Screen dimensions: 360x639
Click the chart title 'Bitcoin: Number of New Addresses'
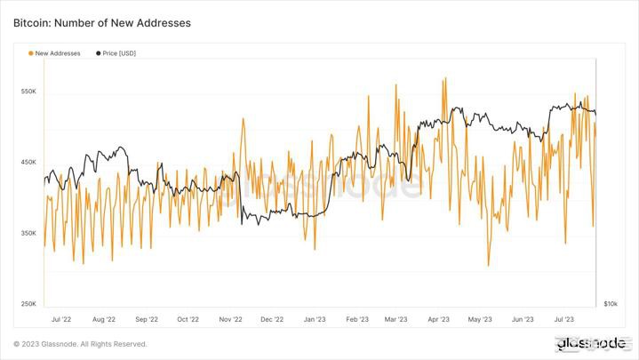101,22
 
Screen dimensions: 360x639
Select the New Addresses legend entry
55,53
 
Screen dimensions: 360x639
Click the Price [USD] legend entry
116,53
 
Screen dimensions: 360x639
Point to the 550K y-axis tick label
28,92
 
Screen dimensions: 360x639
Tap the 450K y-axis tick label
28,163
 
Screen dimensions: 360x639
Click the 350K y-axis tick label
28,234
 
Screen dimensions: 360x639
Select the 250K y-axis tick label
28,304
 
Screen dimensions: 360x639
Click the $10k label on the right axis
611,304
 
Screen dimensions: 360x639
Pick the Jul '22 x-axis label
62,317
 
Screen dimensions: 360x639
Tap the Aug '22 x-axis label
105,317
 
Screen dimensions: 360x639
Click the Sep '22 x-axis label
147,317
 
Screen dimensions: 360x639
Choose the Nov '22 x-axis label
231,317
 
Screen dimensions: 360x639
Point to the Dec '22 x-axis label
272,317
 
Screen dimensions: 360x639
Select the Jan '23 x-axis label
315,317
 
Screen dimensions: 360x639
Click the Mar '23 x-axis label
395,317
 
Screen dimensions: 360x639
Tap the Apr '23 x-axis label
438,317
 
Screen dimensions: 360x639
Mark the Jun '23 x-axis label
523,317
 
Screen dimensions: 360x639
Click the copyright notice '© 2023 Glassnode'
80,344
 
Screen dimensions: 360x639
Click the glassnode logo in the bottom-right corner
590,343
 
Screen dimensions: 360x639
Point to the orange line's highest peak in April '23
444,78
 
